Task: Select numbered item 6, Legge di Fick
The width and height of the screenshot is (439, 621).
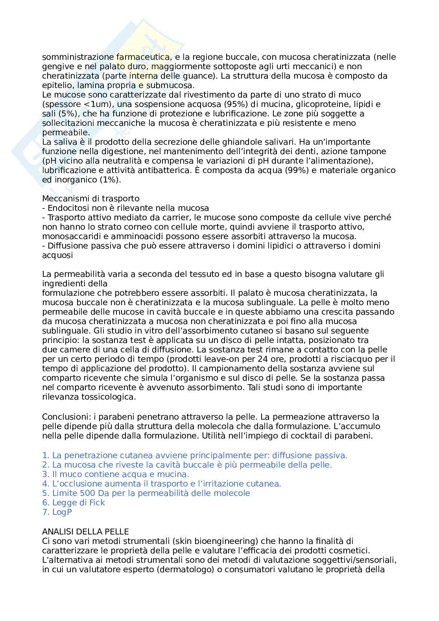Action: (x=74, y=503)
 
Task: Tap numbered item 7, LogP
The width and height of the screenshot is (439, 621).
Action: (x=57, y=512)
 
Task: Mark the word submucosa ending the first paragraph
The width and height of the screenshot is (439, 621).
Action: (x=173, y=85)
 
